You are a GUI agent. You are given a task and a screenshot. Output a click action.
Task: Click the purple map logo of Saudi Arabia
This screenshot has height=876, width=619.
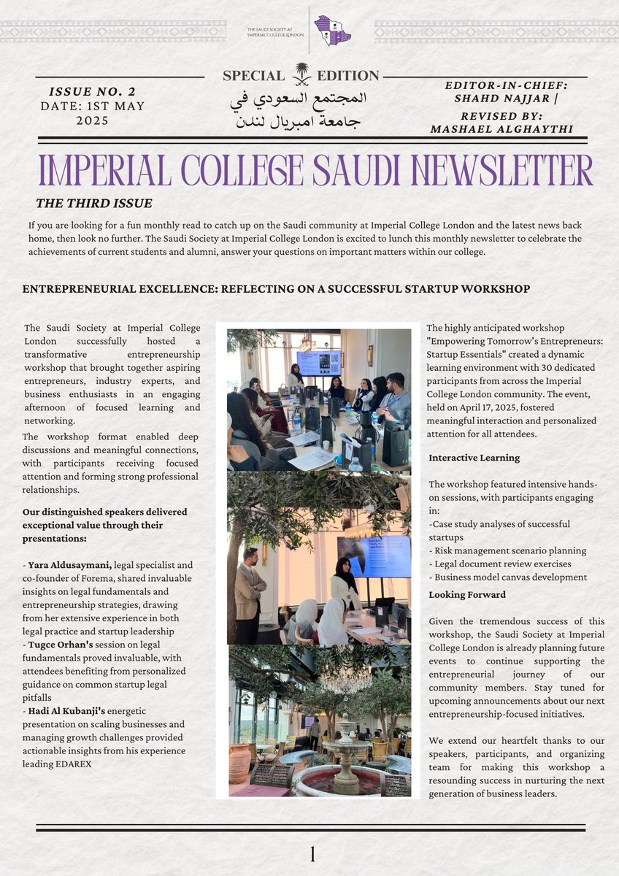332,31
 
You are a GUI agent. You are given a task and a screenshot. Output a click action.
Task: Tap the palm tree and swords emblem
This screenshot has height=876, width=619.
301,74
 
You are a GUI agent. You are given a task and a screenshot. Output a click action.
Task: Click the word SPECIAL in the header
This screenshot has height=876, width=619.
253,76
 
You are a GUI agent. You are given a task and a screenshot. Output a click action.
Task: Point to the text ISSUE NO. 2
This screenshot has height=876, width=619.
92,92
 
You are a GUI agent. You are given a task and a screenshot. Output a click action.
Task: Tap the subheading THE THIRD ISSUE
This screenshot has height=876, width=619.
93,203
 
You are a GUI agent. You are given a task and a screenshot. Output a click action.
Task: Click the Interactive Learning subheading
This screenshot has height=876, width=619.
474,458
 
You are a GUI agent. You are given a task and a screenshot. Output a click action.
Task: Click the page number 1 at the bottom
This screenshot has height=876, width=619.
312,854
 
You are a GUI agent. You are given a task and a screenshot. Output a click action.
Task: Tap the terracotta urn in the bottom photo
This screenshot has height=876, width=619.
239,765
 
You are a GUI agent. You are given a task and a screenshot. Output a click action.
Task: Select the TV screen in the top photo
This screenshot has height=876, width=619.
319,362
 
